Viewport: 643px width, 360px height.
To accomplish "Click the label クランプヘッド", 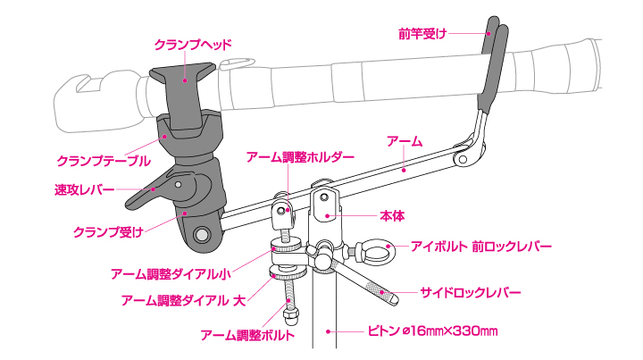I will click(x=192, y=43).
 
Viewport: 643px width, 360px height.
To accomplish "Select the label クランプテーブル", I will click(x=104, y=161).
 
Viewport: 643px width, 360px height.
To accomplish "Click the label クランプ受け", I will click(x=108, y=232).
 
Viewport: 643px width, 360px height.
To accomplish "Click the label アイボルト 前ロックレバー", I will click(x=481, y=246).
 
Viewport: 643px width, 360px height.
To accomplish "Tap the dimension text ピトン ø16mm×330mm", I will click(x=432, y=331).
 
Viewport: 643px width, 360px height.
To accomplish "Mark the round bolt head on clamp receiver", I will click(x=202, y=234).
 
